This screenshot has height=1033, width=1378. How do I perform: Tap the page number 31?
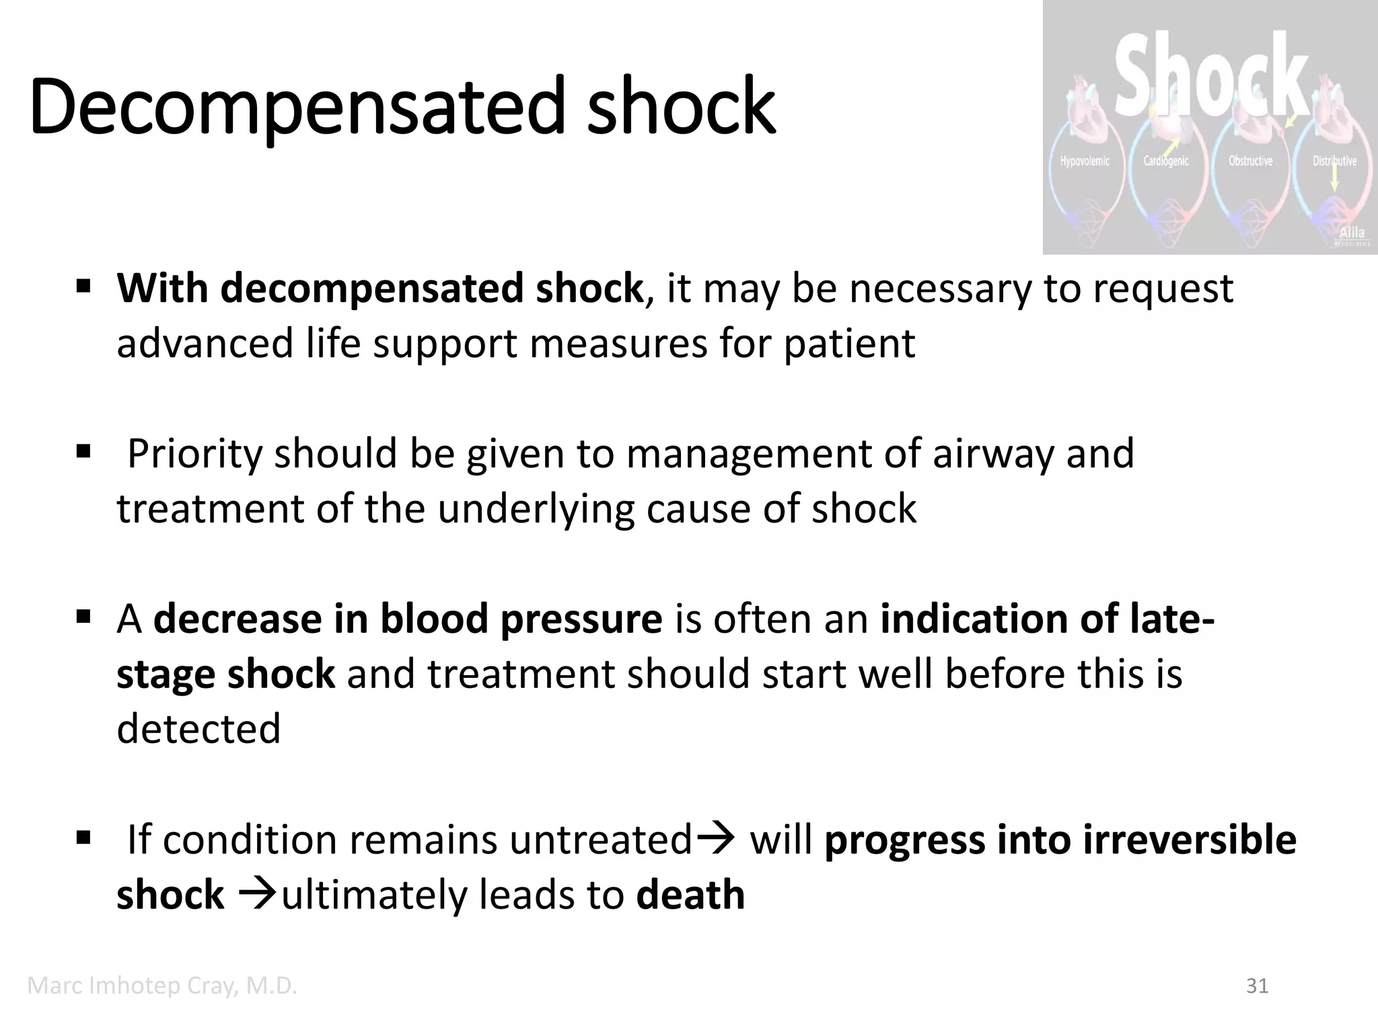coord(1257,986)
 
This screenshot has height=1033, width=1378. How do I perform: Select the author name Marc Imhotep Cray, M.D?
coord(162,986)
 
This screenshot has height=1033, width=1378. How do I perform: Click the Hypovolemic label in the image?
coord(1085,161)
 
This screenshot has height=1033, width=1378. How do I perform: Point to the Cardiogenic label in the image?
coord(1166,161)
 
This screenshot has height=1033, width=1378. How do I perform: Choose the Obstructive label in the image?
coord(1251,161)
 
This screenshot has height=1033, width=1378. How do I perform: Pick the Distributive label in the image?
coord(1334,161)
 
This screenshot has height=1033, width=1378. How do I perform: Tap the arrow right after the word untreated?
coord(716,839)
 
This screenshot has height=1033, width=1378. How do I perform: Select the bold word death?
coord(690,894)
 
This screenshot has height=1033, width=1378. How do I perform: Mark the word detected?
coord(198,729)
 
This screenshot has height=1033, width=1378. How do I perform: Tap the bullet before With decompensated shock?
coord(83,288)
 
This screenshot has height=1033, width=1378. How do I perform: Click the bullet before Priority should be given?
coord(83,451)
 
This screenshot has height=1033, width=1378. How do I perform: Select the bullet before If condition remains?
coord(83,838)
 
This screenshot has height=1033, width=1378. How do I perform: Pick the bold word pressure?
coord(581,619)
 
